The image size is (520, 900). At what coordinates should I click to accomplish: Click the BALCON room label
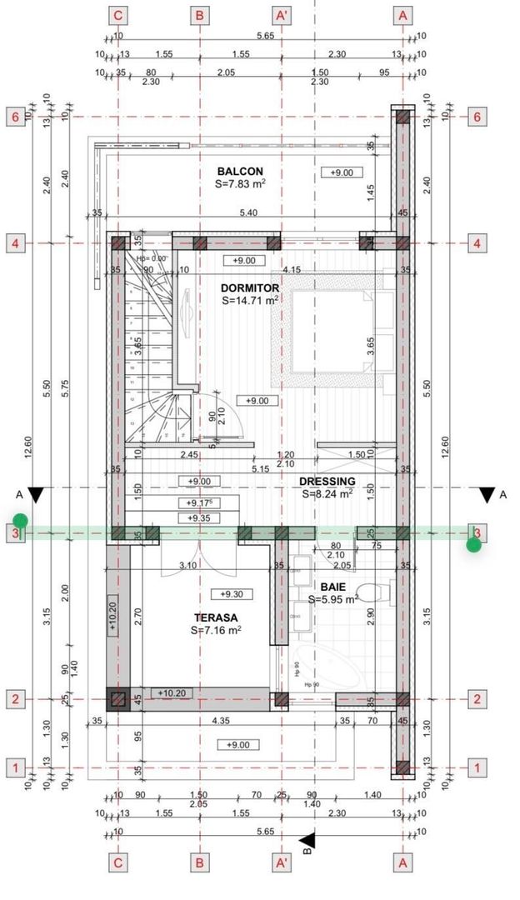239,171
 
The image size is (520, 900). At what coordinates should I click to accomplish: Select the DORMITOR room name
250,287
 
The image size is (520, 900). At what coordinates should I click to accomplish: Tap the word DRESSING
328,481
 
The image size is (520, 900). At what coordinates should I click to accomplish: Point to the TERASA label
216,617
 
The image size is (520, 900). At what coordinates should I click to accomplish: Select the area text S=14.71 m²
250,301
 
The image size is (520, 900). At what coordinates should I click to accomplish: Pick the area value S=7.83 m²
239,184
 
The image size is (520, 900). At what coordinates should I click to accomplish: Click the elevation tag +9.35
199,518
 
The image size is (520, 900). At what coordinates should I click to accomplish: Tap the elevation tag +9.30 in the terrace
232,594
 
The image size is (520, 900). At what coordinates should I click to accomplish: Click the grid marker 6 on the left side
15,117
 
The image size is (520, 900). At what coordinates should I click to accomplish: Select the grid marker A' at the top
282,15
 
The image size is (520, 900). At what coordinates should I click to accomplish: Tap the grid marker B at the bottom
199,862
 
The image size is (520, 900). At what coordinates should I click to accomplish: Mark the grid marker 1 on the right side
477,767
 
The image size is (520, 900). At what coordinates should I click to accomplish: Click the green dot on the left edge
20,521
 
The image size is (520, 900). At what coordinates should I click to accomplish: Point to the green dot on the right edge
474,545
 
